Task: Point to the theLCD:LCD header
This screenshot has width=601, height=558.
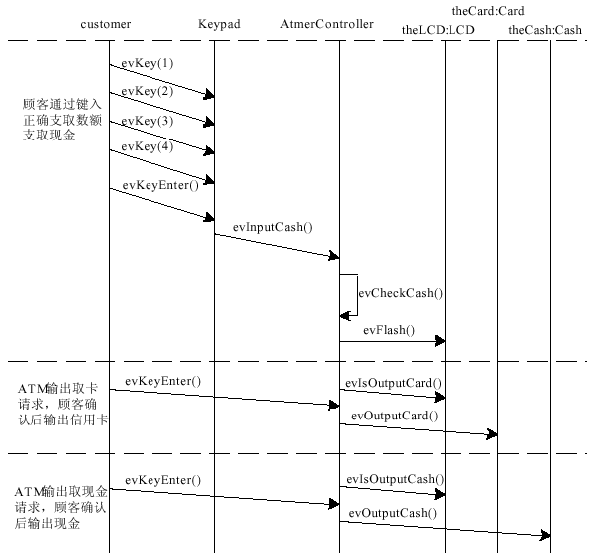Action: click(438, 31)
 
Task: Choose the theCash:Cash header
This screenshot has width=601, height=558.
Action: click(544, 31)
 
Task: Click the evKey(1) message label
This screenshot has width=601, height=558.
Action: click(148, 63)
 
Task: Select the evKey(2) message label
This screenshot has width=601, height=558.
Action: click(148, 92)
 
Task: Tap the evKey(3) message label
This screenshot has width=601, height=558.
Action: click(148, 121)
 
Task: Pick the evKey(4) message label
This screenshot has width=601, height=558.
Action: click(148, 148)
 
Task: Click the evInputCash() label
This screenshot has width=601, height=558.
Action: click(273, 227)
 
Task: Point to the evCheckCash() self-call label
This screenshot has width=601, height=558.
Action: click(401, 293)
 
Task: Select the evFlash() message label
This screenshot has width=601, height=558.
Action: click(389, 330)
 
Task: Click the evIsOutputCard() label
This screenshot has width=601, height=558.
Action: click(394, 382)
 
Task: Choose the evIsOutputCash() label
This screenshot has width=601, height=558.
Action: click(395, 479)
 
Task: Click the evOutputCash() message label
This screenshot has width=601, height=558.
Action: click(392, 512)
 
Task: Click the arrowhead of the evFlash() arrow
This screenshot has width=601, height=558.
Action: click(440, 341)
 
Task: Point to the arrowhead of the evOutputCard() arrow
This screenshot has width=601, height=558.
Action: click(491, 434)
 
